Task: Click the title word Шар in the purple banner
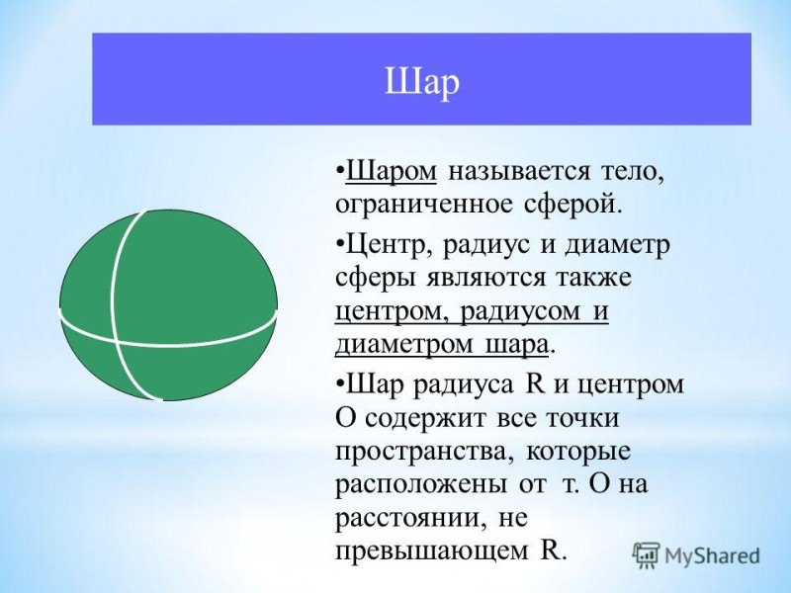(x=422, y=82)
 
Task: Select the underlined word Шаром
(x=391, y=171)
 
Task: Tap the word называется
(x=518, y=172)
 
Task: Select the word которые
(x=578, y=451)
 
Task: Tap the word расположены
(x=421, y=485)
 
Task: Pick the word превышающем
(x=428, y=551)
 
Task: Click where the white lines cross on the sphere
(x=117, y=343)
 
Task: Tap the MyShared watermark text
(x=712, y=556)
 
